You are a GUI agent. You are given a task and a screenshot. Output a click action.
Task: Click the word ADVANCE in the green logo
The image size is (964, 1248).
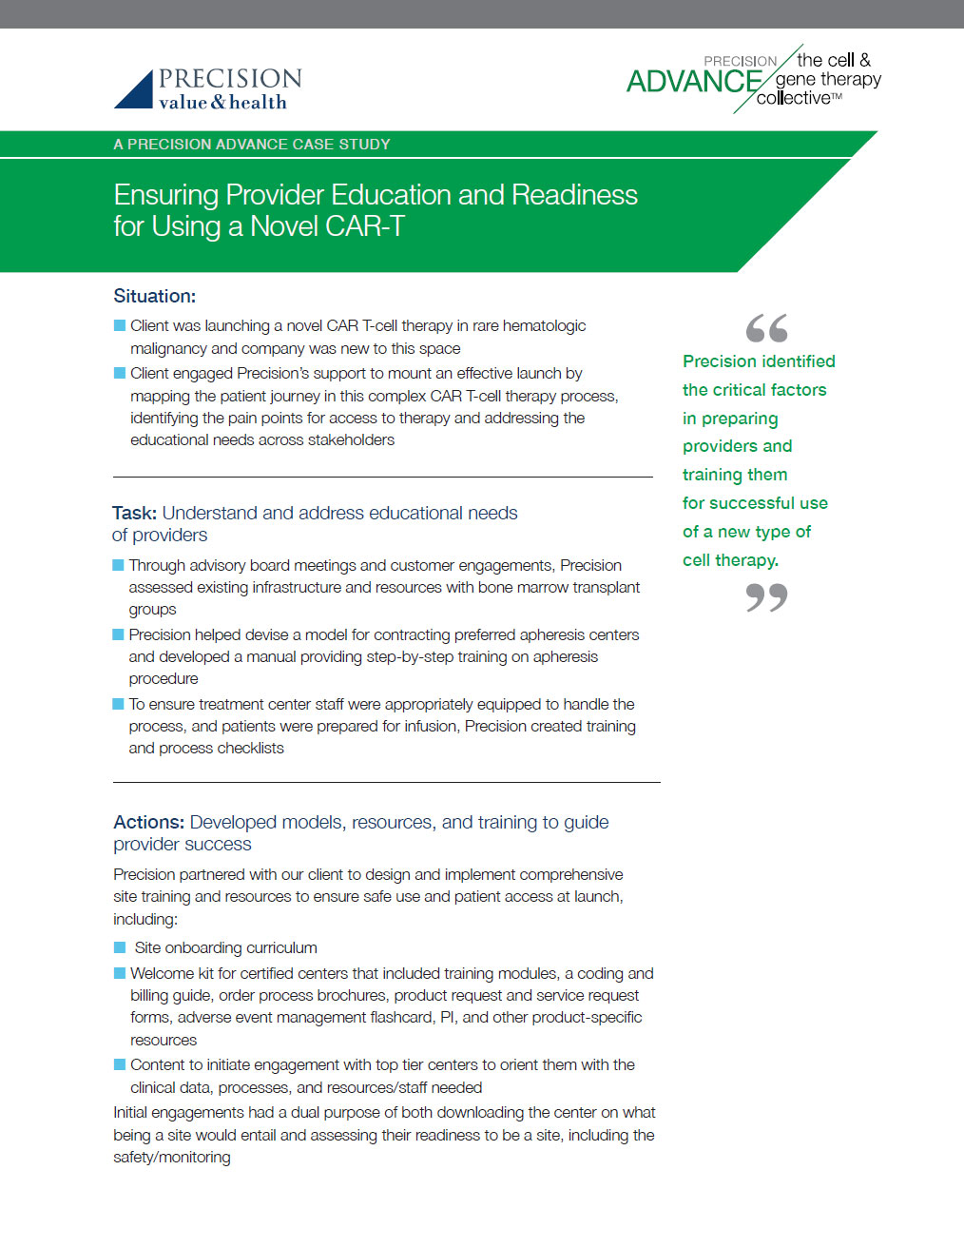click(693, 82)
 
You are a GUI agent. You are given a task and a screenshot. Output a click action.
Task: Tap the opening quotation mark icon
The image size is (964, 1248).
click(766, 328)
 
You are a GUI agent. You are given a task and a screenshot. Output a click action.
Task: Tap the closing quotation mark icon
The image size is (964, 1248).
click(766, 597)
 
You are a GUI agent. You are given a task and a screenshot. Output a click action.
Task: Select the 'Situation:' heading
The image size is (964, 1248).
click(154, 296)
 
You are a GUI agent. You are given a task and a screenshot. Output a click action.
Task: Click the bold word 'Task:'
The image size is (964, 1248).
click(134, 513)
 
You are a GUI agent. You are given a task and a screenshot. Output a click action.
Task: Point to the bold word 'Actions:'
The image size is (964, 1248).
click(148, 822)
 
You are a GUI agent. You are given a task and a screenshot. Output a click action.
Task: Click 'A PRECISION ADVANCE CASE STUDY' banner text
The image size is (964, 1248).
click(251, 145)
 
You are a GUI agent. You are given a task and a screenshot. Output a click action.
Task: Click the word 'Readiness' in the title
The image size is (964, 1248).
click(574, 195)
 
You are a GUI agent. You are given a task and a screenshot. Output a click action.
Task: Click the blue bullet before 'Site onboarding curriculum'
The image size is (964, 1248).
click(120, 947)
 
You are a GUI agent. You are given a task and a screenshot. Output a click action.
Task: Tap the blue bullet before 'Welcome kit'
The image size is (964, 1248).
click(120, 973)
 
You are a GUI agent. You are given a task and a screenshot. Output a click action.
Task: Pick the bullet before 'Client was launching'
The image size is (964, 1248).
click(120, 325)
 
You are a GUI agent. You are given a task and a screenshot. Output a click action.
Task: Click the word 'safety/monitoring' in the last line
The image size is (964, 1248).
click(171, 1157)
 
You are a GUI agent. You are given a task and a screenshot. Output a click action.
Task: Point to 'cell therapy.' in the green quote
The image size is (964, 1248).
click(730, 560)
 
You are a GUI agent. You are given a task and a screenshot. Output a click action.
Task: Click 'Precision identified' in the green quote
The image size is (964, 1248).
click(759, 361)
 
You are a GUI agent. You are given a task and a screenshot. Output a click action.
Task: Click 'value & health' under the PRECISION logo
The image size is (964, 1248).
click(222, 103)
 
